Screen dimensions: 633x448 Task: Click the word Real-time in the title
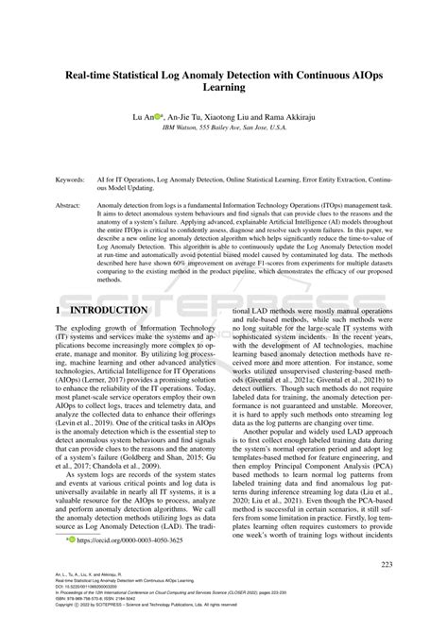(x=95, y=70)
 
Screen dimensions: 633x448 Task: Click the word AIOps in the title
(x=364, y=70)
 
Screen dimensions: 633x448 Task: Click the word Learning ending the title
(x=223, y=87)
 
